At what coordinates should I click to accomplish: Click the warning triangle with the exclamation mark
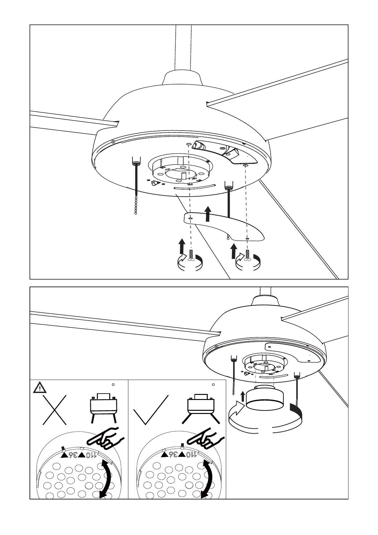pyautogui.click(x=40, y=388)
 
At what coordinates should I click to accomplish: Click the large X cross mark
pyautogui.click(x=55, y=410)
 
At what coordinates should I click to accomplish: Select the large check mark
pyautogui.click(x=151, y=410)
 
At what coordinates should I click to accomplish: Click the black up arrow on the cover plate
pyautogui.click(x=208, y=214)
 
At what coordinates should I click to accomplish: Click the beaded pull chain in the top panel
pyautogui.click(x=136, y=205)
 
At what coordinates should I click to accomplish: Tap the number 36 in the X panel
pyautogui.click(x=73, y=455)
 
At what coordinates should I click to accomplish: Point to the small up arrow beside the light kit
pyautogui.click(x=243, y=396)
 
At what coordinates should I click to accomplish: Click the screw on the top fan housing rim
pyautogui.click(x=113, y=141)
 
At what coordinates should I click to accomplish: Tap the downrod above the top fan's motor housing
pyautogui.click(x=183, y=48)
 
